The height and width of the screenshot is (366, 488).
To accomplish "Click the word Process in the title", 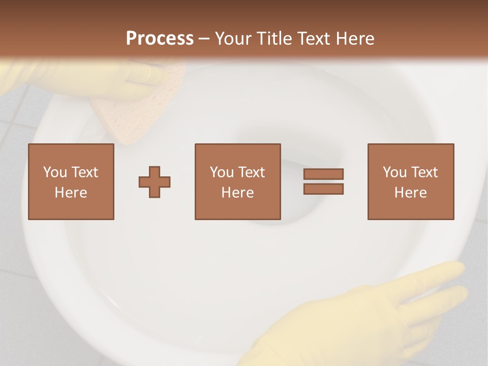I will [160, 39].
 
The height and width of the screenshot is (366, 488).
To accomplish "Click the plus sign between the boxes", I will [155, 181].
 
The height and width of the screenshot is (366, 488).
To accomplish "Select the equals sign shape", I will [323, 181].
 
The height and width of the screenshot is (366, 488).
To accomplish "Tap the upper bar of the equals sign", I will [323, 174].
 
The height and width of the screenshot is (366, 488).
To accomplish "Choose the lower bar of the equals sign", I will [323, 189].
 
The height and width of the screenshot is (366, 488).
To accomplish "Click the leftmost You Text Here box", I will [71, 181].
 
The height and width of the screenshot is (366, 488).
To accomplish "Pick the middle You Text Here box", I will [238, 181].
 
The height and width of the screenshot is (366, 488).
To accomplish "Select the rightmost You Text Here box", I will [411, 181].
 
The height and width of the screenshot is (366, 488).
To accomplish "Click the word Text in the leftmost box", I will [84, 172].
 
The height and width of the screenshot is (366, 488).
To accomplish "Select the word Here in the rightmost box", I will [411, 193].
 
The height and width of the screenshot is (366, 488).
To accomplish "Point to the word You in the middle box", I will [222, 172].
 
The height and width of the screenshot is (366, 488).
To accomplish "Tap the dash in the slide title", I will [204, 39].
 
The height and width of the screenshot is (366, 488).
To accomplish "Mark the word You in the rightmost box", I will [394, 172].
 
